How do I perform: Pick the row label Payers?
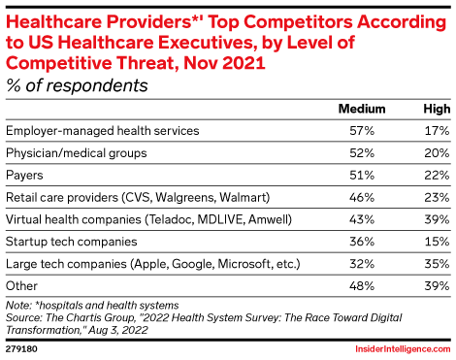click(26, 175)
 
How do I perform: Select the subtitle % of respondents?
click(77, 85)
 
